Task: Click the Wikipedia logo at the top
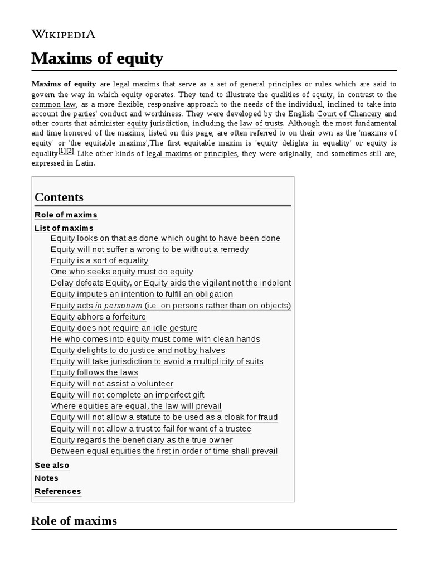coord(63,34)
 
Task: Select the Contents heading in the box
coord(59,197)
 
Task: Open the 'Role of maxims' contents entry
coord(66,215)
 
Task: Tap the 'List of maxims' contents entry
coord(64,228)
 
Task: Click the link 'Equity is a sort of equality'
coord(99,260)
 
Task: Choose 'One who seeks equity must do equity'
coord(121,272)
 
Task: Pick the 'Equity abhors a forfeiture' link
coord(98,317)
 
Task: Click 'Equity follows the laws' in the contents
coord(94,372)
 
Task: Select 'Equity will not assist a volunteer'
coord(111,384)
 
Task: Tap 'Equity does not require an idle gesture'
coord(124,328)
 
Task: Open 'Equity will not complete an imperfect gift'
coord(127,395)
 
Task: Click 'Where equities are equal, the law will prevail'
coord(135,406)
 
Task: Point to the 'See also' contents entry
coord(52,465)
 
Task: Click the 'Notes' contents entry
coord(46,478)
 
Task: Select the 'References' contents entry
coord(57,491)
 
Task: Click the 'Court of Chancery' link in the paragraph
coord(349,114)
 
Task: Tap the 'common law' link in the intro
coord(53,104)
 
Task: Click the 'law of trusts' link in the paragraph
coord(261,123)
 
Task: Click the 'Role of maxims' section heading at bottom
coord(74,521)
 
